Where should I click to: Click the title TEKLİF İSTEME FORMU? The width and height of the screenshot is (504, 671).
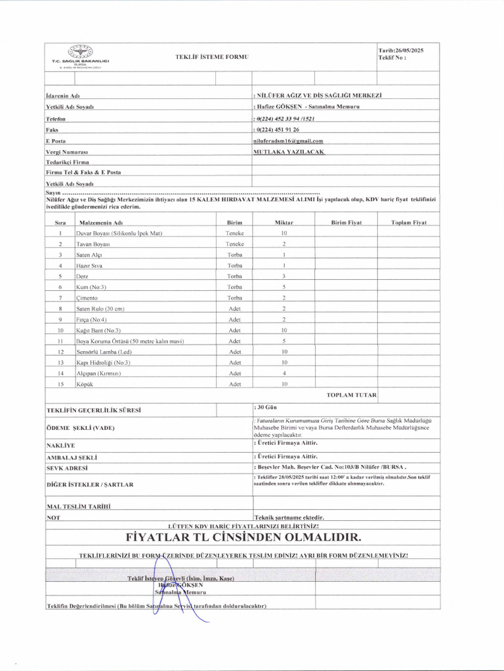[x=212, y=58]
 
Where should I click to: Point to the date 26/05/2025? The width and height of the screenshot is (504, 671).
[x=401, y=50]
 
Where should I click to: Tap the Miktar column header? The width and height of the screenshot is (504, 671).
[x=283, y=223]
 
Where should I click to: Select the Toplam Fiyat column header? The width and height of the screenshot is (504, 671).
[x=409, y=223]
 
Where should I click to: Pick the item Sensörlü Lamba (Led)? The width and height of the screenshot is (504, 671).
[x=104, y=351]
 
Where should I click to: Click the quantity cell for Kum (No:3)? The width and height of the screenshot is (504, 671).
[x=283, y=287]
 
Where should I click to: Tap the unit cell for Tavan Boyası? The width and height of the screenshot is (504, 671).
[x=234, y=244]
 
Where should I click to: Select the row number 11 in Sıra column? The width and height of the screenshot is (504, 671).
[x=60, y=341]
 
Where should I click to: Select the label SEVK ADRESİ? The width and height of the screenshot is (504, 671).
[x=67, y=468]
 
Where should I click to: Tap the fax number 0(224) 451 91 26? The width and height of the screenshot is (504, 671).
[x=276, y=130]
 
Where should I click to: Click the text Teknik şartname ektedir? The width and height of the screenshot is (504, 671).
[x=289, y=517]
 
